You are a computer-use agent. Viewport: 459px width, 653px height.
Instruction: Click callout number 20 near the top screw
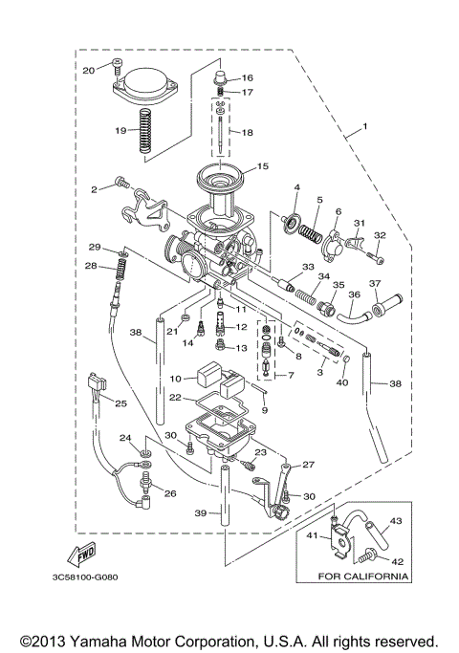pos(88,70)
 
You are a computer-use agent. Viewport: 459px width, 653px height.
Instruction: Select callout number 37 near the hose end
pos(375,284)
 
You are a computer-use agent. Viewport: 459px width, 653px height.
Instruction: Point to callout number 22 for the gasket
pos(175,397)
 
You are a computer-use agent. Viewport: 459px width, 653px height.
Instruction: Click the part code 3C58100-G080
pos(74,578)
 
